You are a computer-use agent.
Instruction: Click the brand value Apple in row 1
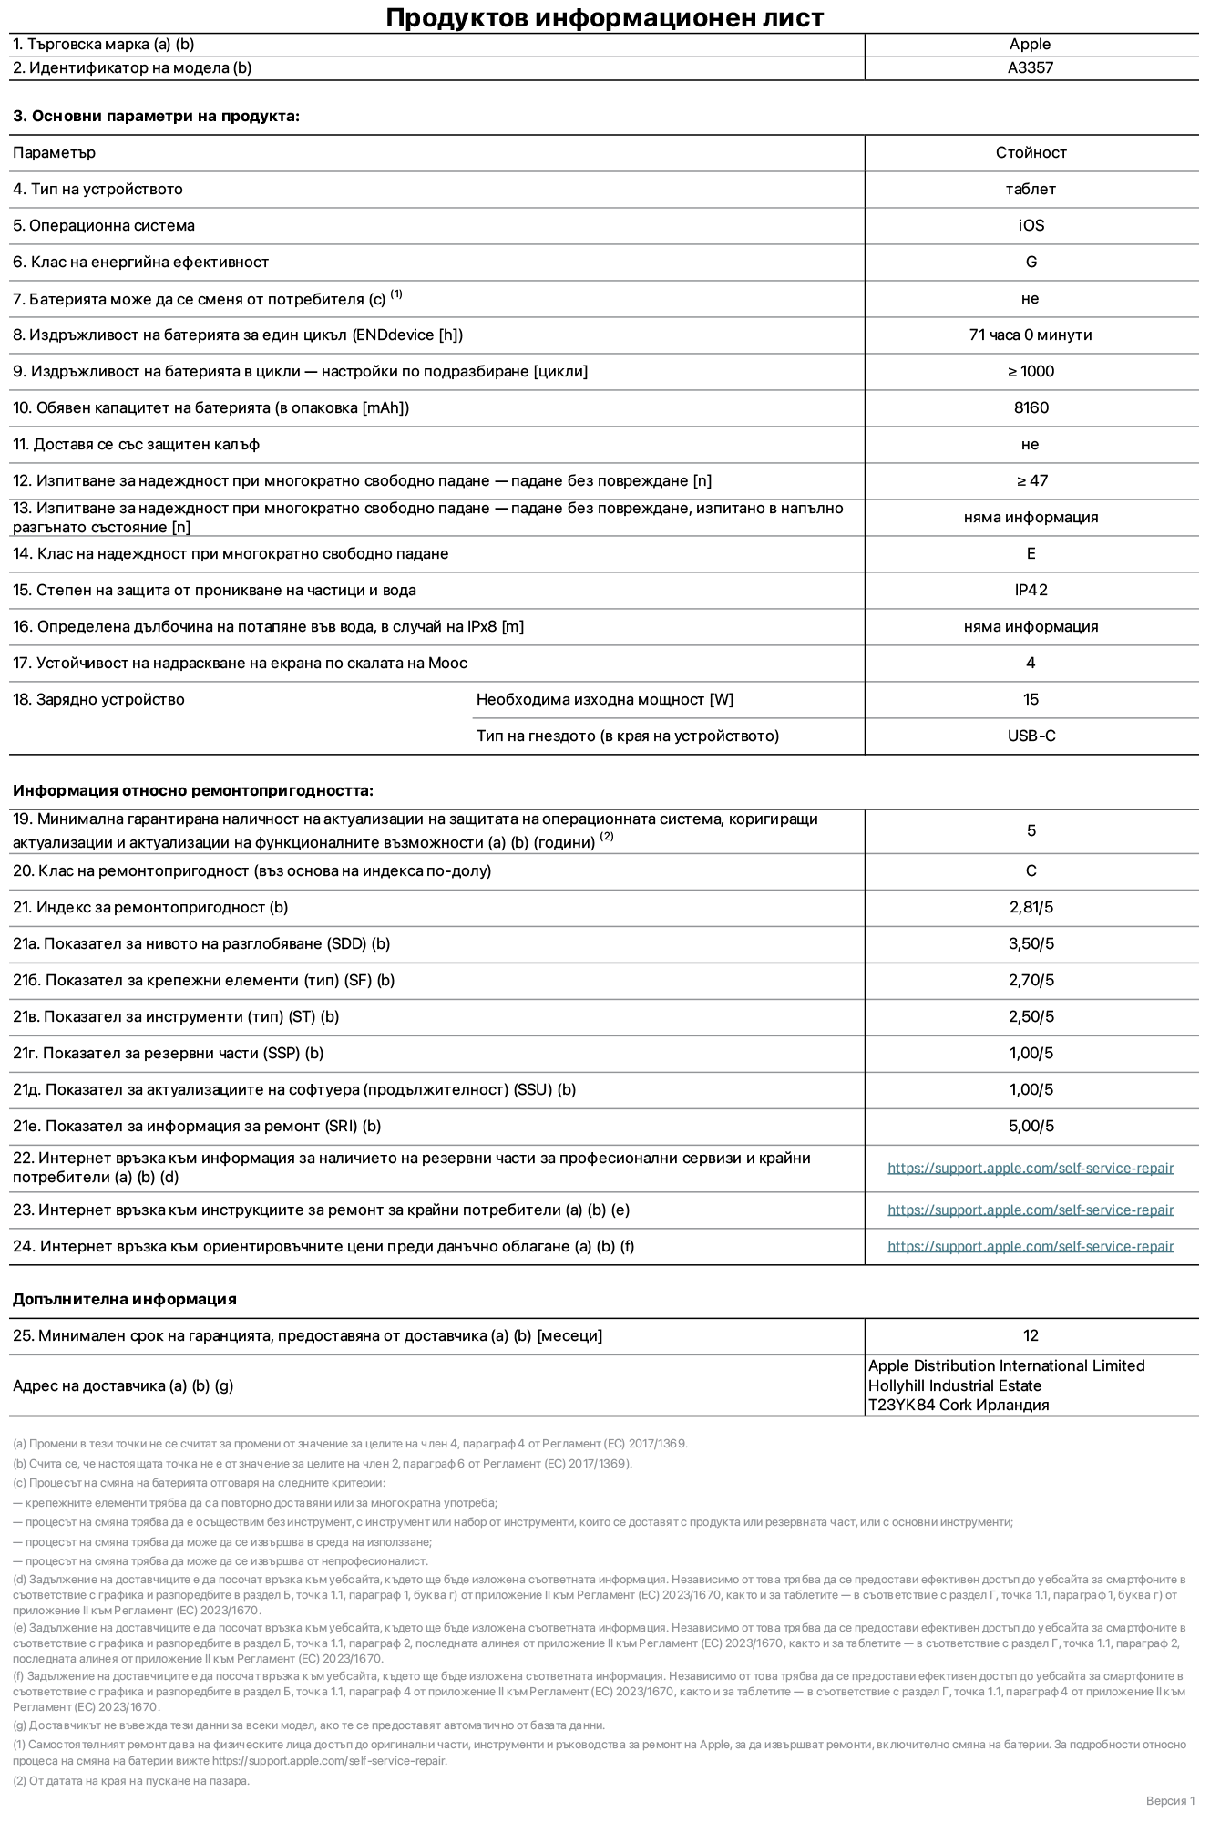[x=1030, y=44]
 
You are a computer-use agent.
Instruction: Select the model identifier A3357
[x=1030, y=67]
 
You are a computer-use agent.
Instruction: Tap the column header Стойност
[x=1031, y=152]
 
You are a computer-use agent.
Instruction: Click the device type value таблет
[x=1031, y=189]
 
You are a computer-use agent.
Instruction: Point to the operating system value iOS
[x=1031, y=225]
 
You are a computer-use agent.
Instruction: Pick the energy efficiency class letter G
[x=1031, y=262]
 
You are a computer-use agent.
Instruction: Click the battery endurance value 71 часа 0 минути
[x=1031, y=335]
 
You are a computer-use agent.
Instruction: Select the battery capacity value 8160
[x=1031, y=407]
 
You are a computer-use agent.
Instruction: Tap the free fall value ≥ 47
[x=1031, y=480]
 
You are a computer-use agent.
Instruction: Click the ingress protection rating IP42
[x=1031, y=590]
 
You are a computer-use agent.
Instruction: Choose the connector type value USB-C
[x=1031, y=736]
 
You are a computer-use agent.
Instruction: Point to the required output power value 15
[x=1031, y=699]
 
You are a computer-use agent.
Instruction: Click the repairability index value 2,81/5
[x=1031, y=907]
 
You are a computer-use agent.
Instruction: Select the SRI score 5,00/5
[x=1031, y=1126]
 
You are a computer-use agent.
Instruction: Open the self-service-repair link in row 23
[x=1031, y=1210]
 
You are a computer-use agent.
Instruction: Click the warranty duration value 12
[x=1031, y=1335]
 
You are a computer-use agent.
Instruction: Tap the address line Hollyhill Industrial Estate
[x=954, y=1385]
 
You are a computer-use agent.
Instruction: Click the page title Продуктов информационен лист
[x=604, y=17]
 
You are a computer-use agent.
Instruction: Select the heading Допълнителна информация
[x=124, y=1299]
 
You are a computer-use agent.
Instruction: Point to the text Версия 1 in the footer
[x=1170, y=1800]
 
